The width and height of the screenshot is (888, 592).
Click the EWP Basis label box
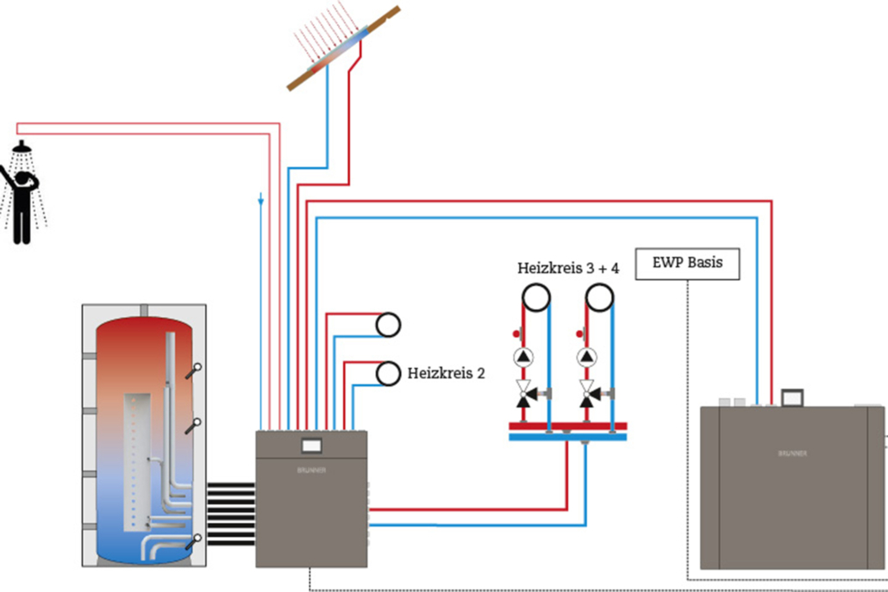coord(687,264)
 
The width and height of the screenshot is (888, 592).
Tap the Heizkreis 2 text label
coord(446,374)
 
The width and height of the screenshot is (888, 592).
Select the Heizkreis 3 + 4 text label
coord(568,268)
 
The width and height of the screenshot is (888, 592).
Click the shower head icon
coord(23,147)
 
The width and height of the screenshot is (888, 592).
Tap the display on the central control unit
coord(310,446)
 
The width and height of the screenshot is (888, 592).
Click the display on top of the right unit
coord(791,397)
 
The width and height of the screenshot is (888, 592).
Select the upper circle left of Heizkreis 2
coord(388,324)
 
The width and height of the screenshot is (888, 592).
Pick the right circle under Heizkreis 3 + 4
coord(599,298)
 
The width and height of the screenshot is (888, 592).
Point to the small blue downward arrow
coord(260,201)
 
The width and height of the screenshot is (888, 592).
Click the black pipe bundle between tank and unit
coord(230,514)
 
